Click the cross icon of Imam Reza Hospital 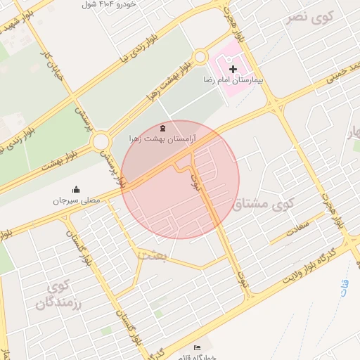233,69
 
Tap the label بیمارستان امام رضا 233,81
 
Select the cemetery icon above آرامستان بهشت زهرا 163,128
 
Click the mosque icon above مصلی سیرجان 77,189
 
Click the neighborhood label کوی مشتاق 263,205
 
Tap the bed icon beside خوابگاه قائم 197,348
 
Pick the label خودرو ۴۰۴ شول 108,4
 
